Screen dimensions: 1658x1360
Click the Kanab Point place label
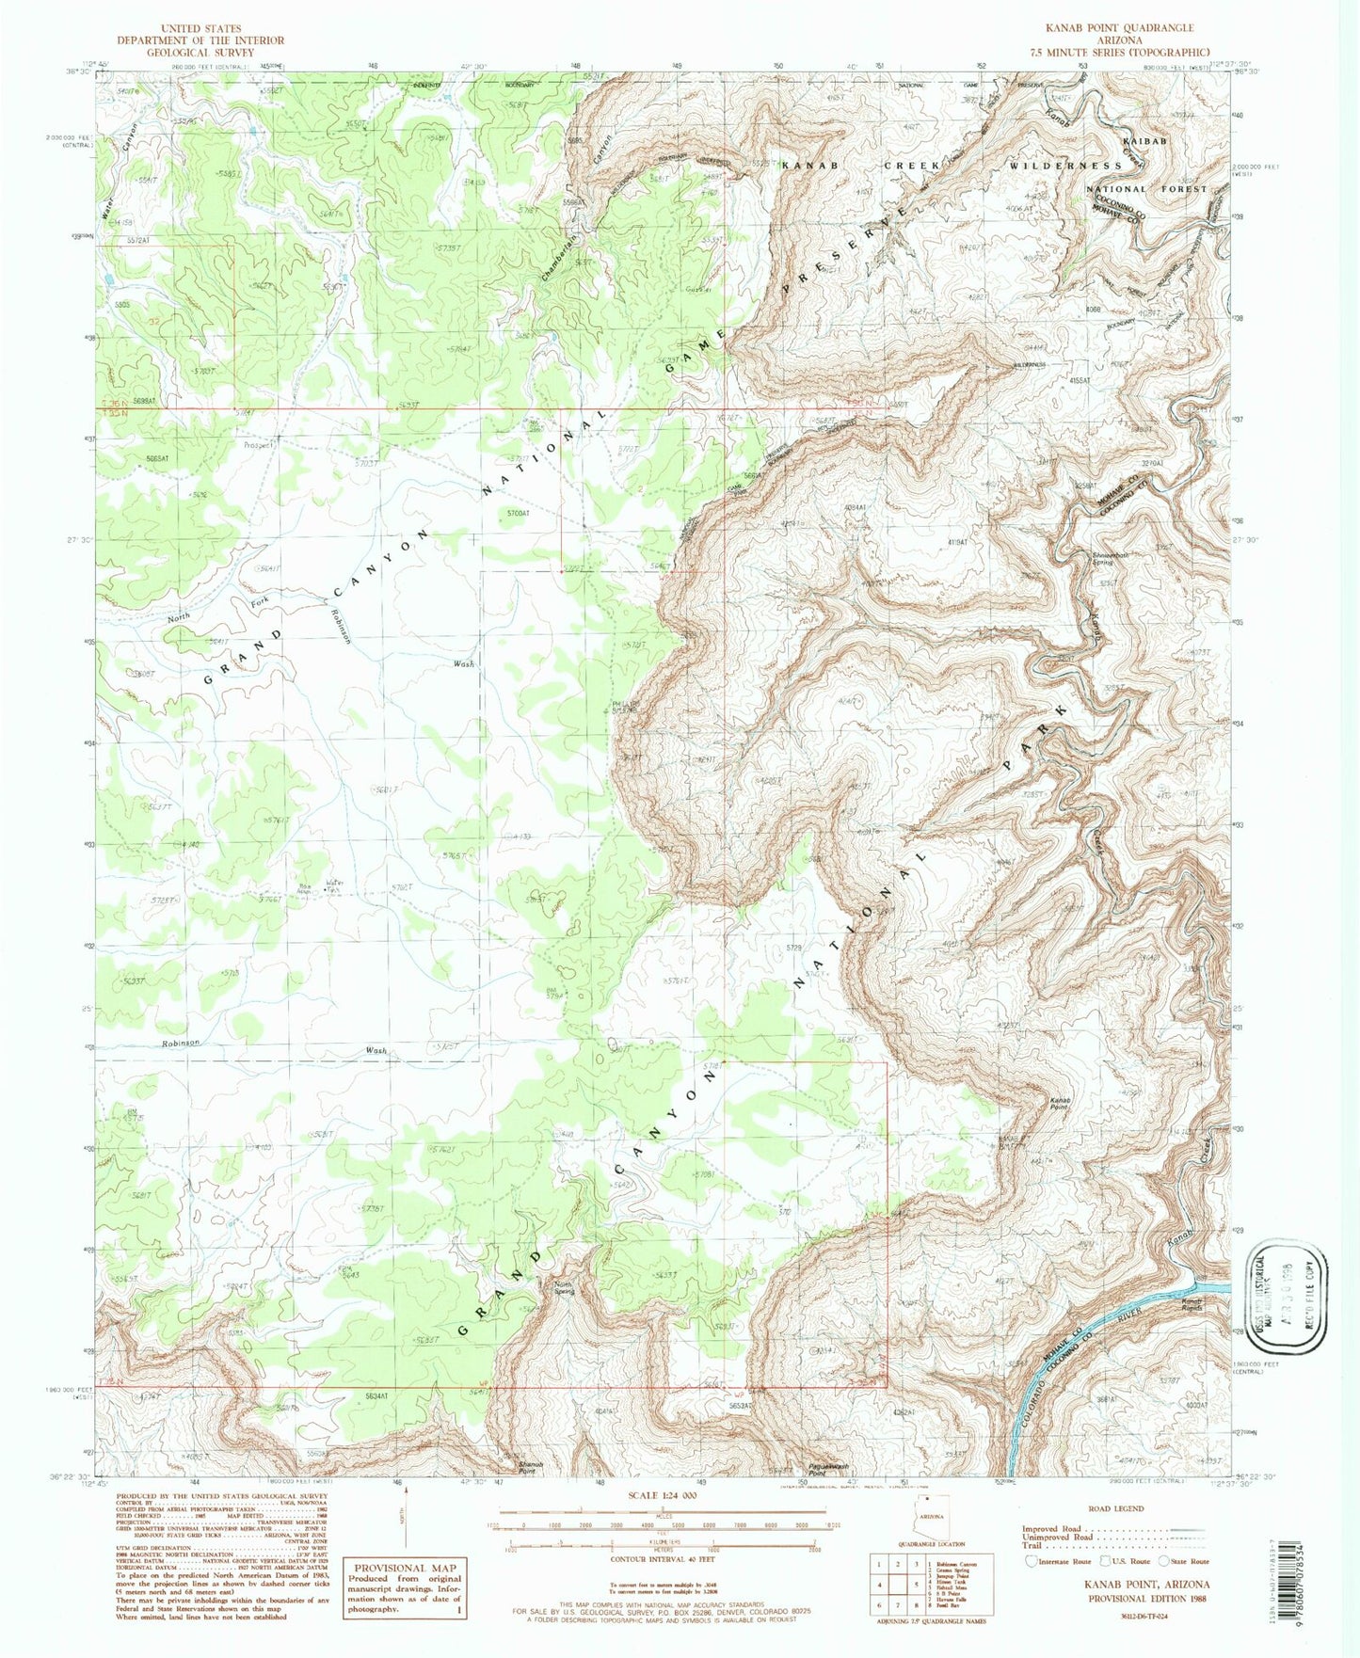pyautogui.click(x=1060, y=1102)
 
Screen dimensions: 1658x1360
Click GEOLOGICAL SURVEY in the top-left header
pyautogui.click(x=200, y=53)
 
